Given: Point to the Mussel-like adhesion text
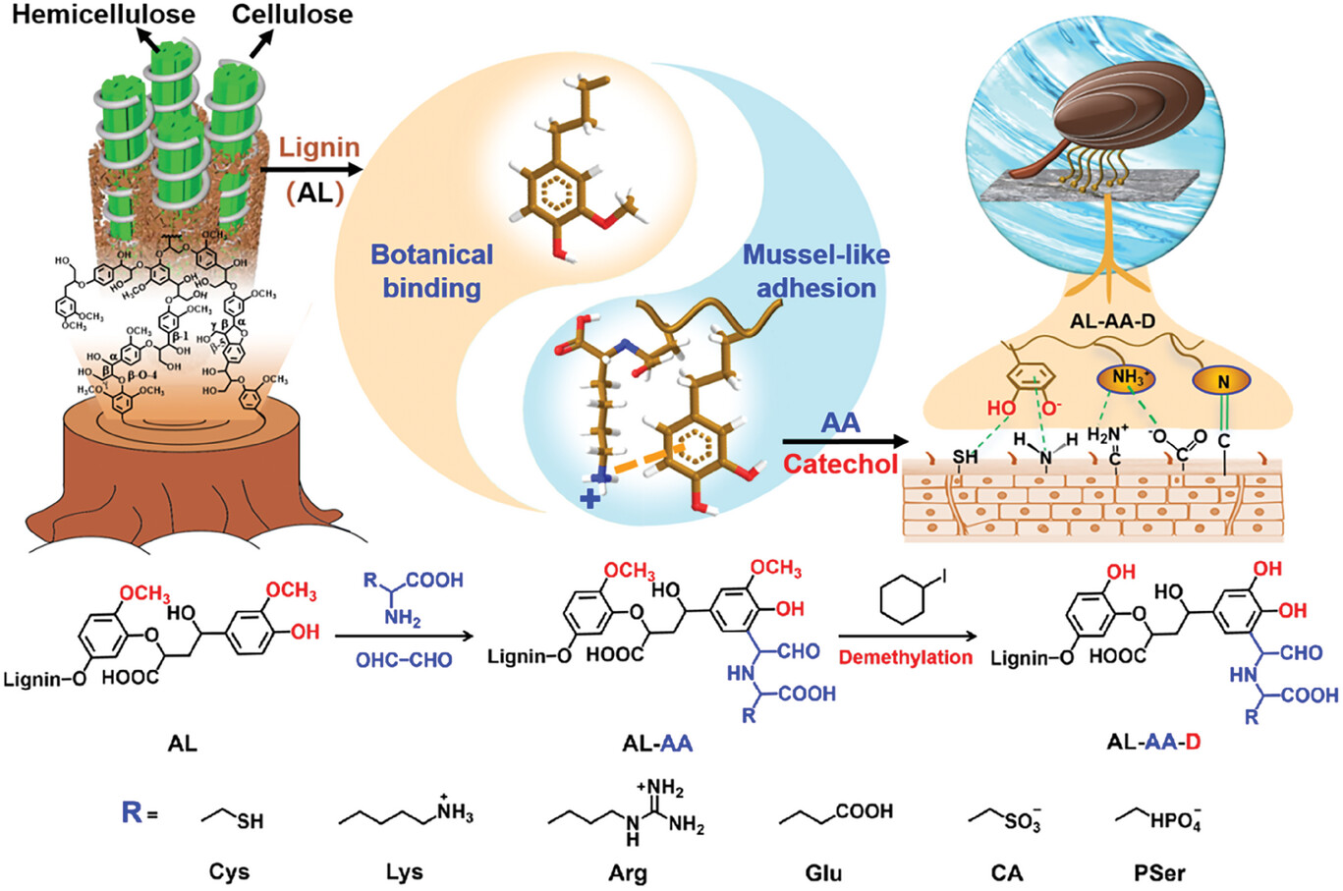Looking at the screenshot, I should [815, 271].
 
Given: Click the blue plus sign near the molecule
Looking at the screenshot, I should [589, 499].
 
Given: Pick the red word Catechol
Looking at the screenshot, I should [840, 463].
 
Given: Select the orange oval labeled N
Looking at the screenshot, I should [1223, 380].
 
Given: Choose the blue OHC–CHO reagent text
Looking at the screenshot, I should [404, 659].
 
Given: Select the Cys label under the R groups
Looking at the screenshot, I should [228, 871].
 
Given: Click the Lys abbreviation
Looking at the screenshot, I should [404, 871].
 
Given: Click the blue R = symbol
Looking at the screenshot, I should [140, 813].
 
